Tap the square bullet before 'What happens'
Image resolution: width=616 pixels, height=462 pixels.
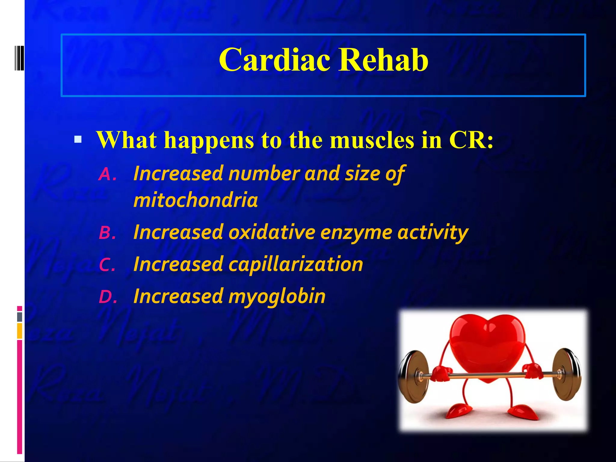click(78, 139)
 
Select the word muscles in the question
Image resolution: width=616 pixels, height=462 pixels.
click(372, 140)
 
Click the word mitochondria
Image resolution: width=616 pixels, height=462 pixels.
click(196, 200)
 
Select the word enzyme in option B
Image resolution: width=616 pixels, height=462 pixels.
click(356, 233)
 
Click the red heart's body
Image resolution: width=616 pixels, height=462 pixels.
click(487, 346)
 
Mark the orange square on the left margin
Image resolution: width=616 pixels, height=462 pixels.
click(20, 331)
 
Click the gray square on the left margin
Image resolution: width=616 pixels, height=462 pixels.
click(20, 317)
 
